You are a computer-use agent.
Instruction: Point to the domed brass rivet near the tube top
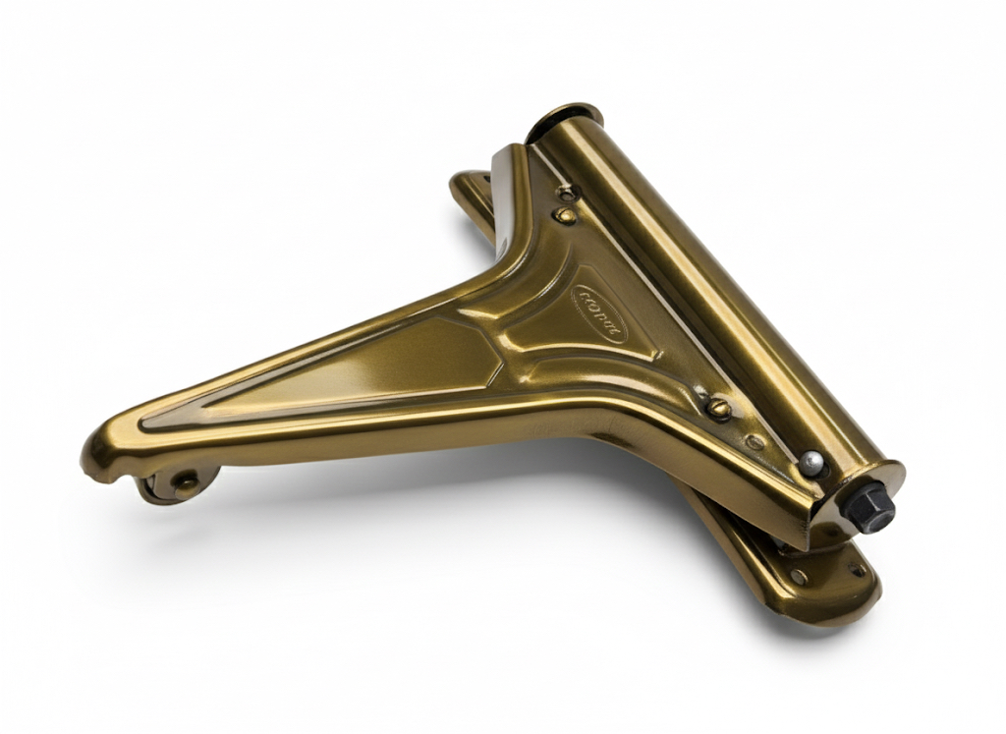[x=566, y=214]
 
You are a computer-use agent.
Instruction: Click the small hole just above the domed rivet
[x=567, y=193]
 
